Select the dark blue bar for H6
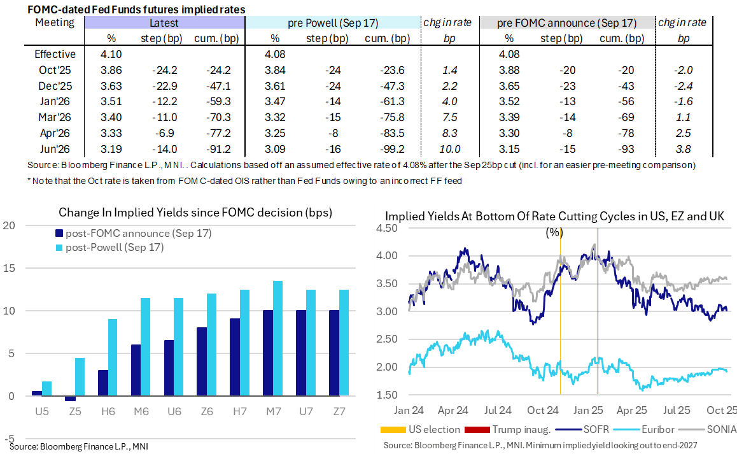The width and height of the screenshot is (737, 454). [x=103, y=383]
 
